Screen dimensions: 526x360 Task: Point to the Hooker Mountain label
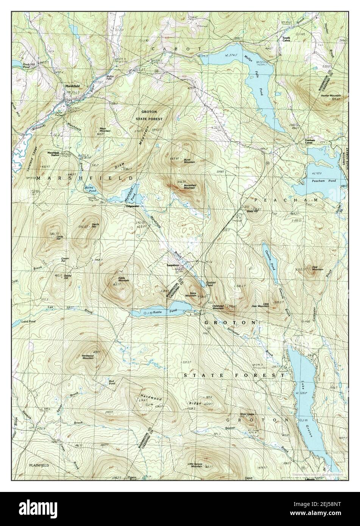pos(330,96)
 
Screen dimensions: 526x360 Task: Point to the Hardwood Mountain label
pos(87,357)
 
